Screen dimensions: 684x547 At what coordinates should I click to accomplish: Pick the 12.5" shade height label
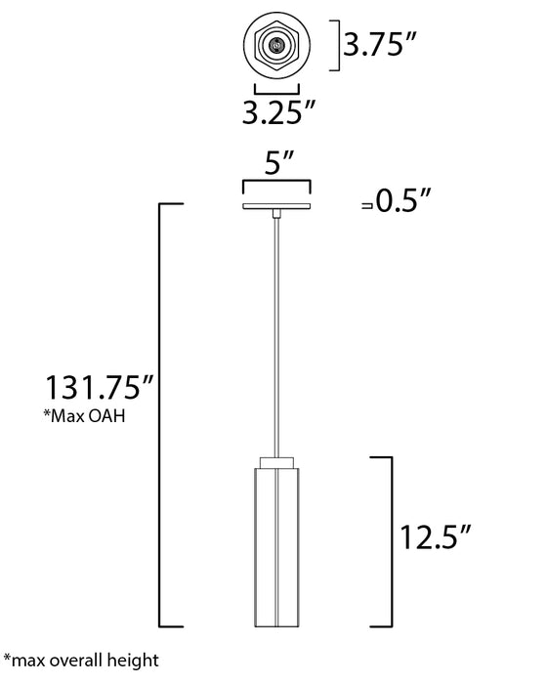(x=436, y=535)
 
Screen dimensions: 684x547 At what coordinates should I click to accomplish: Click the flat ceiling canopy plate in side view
(x=277, y=206)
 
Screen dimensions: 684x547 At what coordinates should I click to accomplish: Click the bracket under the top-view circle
(x=277, y=86)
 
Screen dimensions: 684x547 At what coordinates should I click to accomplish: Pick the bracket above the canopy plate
(x=277, y=185)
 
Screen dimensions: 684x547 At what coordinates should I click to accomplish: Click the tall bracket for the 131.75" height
(x=173, y=415)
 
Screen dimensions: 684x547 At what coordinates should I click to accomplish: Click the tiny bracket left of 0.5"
(x=366, y=205)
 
